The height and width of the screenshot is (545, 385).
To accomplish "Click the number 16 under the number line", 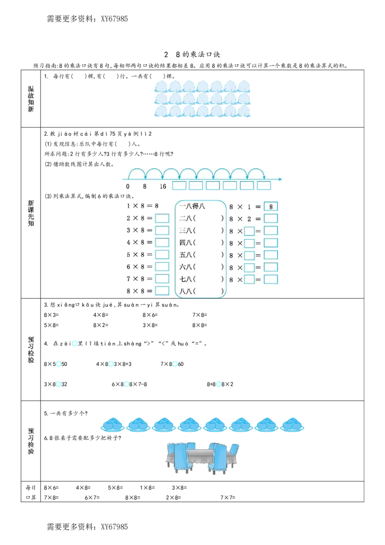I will [x=163, y=186].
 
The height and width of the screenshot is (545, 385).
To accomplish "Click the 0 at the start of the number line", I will [x=128, y=186].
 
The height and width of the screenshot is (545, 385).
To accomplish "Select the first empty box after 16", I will [x=179, y=186].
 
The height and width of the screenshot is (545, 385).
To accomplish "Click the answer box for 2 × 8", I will [x=162, y=218].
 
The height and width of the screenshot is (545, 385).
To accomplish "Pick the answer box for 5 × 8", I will [x=162, y=255].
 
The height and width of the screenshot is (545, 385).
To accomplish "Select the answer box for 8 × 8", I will [x=162, y=291].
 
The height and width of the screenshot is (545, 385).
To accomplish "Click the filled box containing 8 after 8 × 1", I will [x=271, y=207].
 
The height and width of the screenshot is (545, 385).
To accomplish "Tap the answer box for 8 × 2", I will [x=271, y=219].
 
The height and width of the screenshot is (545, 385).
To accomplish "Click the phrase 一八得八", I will [x=192, y=207].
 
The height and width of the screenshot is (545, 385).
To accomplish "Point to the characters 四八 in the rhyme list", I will [x=185, y=243].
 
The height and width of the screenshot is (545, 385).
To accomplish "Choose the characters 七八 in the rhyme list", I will [x=185, y=279].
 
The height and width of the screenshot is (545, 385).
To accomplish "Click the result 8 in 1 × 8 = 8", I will [x=156, y=206].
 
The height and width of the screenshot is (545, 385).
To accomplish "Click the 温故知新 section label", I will [x=31, y=100].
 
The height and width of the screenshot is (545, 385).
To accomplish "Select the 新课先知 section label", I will [x=31, y=213].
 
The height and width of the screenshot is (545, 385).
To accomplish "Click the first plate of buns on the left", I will [x=113, y=425].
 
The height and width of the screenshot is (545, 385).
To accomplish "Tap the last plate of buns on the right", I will [x=292, y=425].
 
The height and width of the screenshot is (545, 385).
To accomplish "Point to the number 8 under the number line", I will [x=144, y=186].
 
